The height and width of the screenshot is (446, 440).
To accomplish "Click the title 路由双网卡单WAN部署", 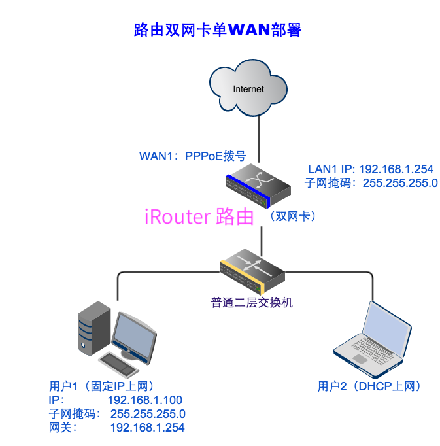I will point(217,29).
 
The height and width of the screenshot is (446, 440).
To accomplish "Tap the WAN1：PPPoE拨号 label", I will point(192,156).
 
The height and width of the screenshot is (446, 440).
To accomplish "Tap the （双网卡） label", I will point(292,216).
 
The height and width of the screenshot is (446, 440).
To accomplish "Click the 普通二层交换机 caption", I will point(252,302).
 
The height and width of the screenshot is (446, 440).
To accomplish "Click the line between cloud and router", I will point(260,137).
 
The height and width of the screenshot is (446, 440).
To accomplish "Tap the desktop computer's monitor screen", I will point(135,334).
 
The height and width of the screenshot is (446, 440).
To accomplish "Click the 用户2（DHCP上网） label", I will point(369,386).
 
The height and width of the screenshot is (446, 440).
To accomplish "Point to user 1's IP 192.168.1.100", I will point(144,400).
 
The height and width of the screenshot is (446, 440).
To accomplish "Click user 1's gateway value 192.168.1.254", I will point(147,428).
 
